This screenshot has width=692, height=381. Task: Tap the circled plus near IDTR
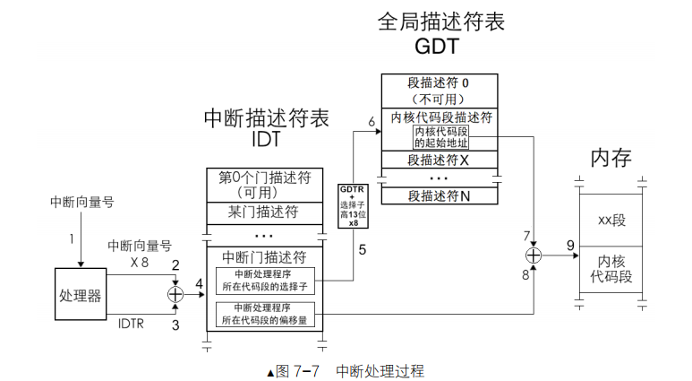(x=175, y=293)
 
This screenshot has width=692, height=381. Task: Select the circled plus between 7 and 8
(x=534, y=255)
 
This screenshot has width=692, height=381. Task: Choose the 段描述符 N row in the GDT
(x=439, y=195)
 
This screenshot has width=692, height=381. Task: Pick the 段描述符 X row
(x=439, y=160)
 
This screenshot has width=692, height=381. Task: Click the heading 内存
(x=611, y=159)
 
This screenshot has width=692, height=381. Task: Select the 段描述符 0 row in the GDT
(x=439, y=89)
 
